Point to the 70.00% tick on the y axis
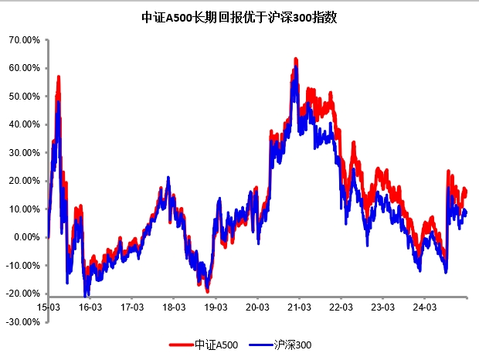click(x=24, y=39)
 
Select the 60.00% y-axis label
click(x=24, y=68)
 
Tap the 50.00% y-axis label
click(x=24, y=96)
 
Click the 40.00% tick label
click(x=24, y=124)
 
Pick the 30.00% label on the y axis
click(x=24, y=153)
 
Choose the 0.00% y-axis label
click(x=26, y=237)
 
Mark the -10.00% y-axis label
click(x=22, y=265)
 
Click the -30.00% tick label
click(x=22, y=321)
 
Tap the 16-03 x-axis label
click(x=90, y=307)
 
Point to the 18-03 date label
click(x=174, y=307)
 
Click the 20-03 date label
click(x=257, y=307)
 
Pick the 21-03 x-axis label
click(x=300, y=307)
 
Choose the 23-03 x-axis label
click(x=383, y=307)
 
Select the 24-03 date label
click(x=425, y=307)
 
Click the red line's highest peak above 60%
click(x=295, y=59)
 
